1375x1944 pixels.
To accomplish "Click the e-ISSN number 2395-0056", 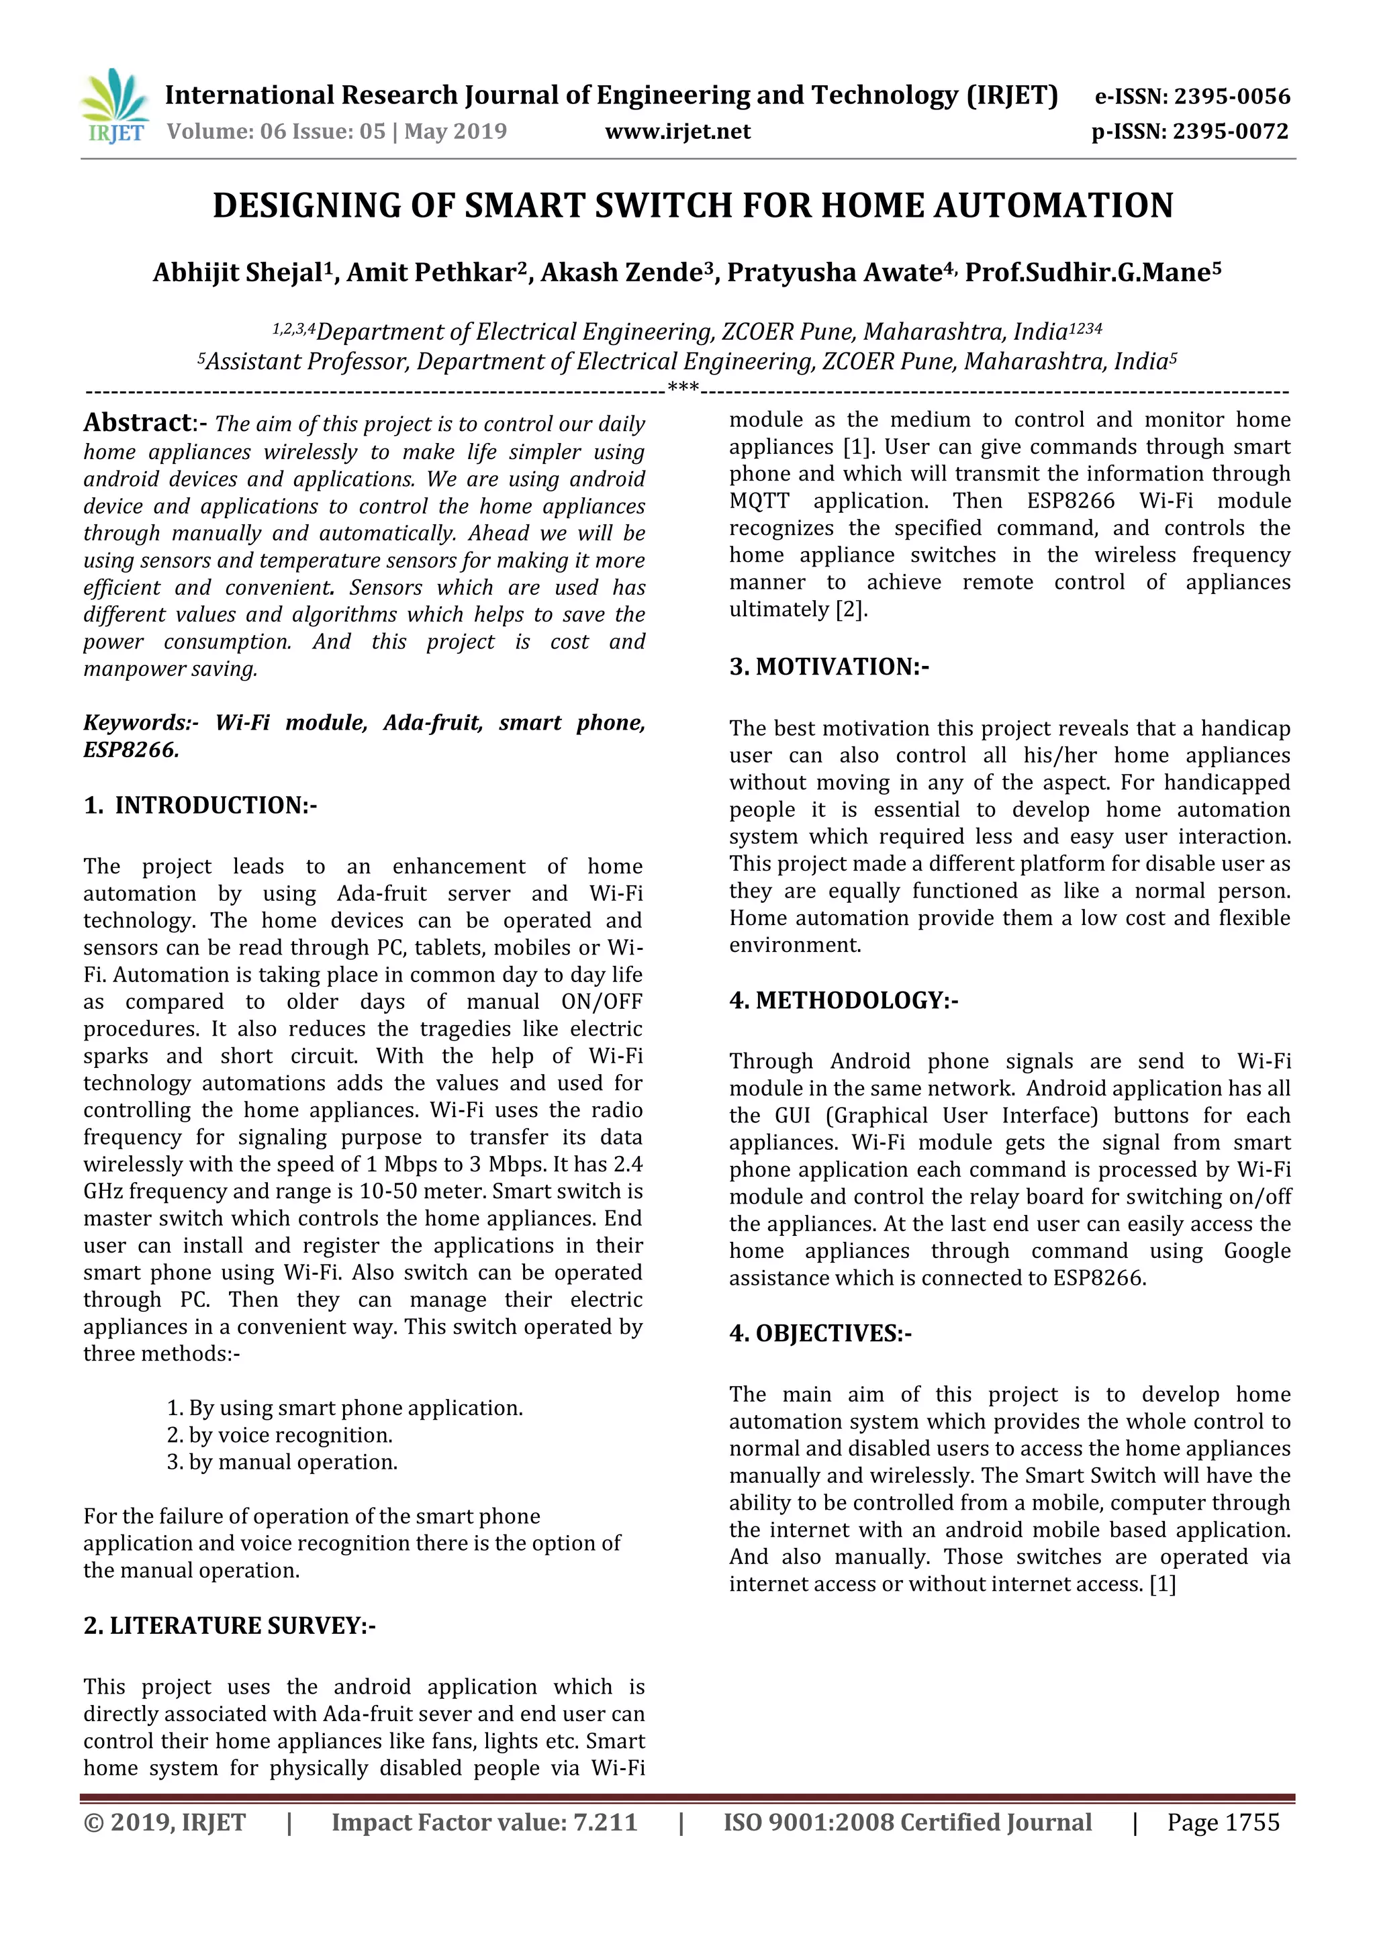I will point(1231,97).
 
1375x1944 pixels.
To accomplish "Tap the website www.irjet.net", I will point(677,132).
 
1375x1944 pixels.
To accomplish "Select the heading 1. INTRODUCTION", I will point(200,806).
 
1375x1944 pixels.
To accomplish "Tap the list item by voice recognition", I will point(279,1435).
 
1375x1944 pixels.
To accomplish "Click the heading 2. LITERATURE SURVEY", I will point(230,1626).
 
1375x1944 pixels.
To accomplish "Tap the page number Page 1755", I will point(1223,1822).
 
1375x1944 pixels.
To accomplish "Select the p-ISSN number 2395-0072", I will point(1229,132).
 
